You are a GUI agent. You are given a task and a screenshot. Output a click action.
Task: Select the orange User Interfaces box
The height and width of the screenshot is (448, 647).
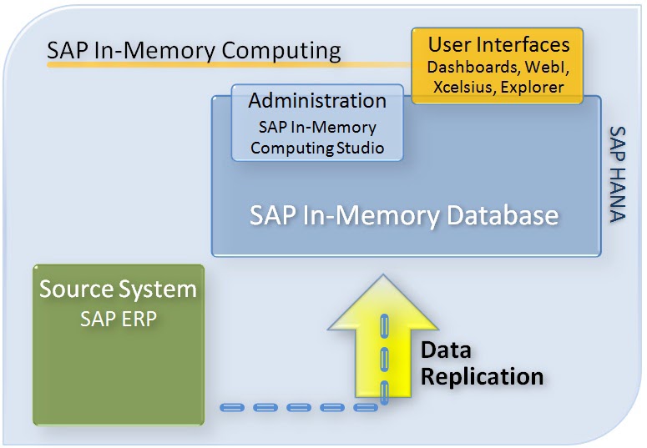pos(498,65)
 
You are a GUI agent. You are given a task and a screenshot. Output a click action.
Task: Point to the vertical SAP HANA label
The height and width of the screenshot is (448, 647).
pos(618,175)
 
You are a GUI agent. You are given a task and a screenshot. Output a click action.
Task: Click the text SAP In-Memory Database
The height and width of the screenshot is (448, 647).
pos(404,216)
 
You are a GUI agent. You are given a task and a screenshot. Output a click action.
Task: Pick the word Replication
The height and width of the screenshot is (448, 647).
pos(482,376)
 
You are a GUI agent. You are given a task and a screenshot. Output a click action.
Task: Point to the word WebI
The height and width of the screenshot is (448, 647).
pos(542,66)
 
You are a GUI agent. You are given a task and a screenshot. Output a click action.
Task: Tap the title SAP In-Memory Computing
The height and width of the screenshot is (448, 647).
pos(194,50)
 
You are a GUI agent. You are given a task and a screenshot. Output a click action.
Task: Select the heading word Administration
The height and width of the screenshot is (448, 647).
pos(317,101)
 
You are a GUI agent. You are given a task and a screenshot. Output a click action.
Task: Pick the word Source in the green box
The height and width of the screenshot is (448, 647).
pos(78,290)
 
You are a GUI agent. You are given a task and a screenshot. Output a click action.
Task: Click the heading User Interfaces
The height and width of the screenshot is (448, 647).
pos(498,44)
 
